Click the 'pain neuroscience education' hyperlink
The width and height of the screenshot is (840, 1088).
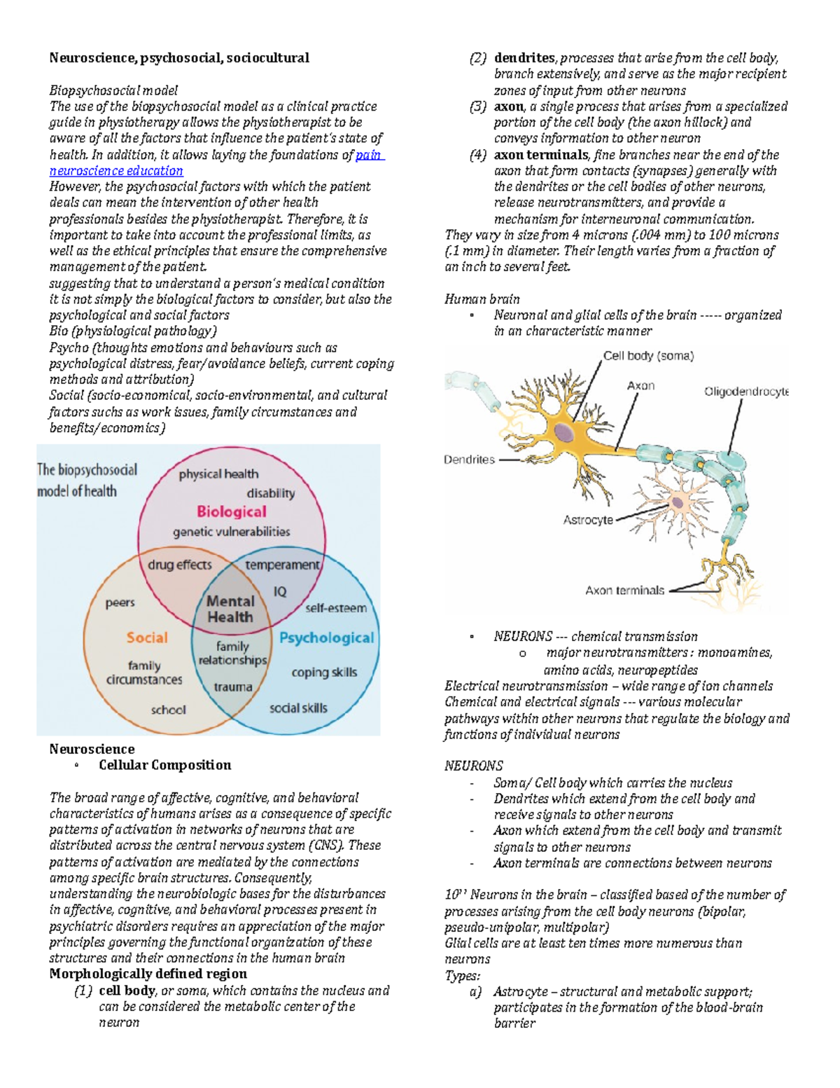pyautogui.click(x=116, y=170)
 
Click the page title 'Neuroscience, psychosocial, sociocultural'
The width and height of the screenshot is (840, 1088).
pyautogui.click(x=179, y=57)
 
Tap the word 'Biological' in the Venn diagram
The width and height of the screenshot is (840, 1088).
pyautogui.click(x=231, y=511)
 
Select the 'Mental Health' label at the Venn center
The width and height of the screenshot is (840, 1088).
pyautogui.click(x=230, y=609)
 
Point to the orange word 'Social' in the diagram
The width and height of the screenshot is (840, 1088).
pyautogui.click(x=147, y=638)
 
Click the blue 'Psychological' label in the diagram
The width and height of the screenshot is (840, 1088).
pyautogui.click(x=326, y=638)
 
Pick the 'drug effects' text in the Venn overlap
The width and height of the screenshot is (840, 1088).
pyautogui.click(x=179, y=565)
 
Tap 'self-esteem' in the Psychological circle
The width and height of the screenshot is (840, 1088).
pyautogui.click(x=335, y=607)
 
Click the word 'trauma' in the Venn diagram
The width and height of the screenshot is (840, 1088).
pyautogui.click(x=233, y=687)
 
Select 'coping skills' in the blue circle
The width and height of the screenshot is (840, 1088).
pyautogui.click(x=324, y=672)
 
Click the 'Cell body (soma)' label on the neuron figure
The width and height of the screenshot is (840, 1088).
pyautogui.click(x=648, y=356)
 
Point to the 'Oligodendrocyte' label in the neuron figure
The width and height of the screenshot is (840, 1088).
pyautogui.click(x=746, y=392)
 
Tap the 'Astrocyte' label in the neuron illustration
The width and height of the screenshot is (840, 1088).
pyautogui.click(x=588, y=520)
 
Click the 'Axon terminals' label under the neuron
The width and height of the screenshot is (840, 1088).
pyautogui.click(x=624, y=591)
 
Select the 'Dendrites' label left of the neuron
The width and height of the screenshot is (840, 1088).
pyautogui.click(x=469, y=460)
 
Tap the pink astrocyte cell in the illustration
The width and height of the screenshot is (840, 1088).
pyautogui.click(x=677, y=502)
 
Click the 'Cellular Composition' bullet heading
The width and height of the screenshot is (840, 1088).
pyautogui.click(x=164, y=765)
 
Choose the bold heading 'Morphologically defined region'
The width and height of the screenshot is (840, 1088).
pyautogui.click(x=148, y=974)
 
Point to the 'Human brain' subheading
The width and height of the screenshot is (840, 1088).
pyautogui.click(x=482, y=299)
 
